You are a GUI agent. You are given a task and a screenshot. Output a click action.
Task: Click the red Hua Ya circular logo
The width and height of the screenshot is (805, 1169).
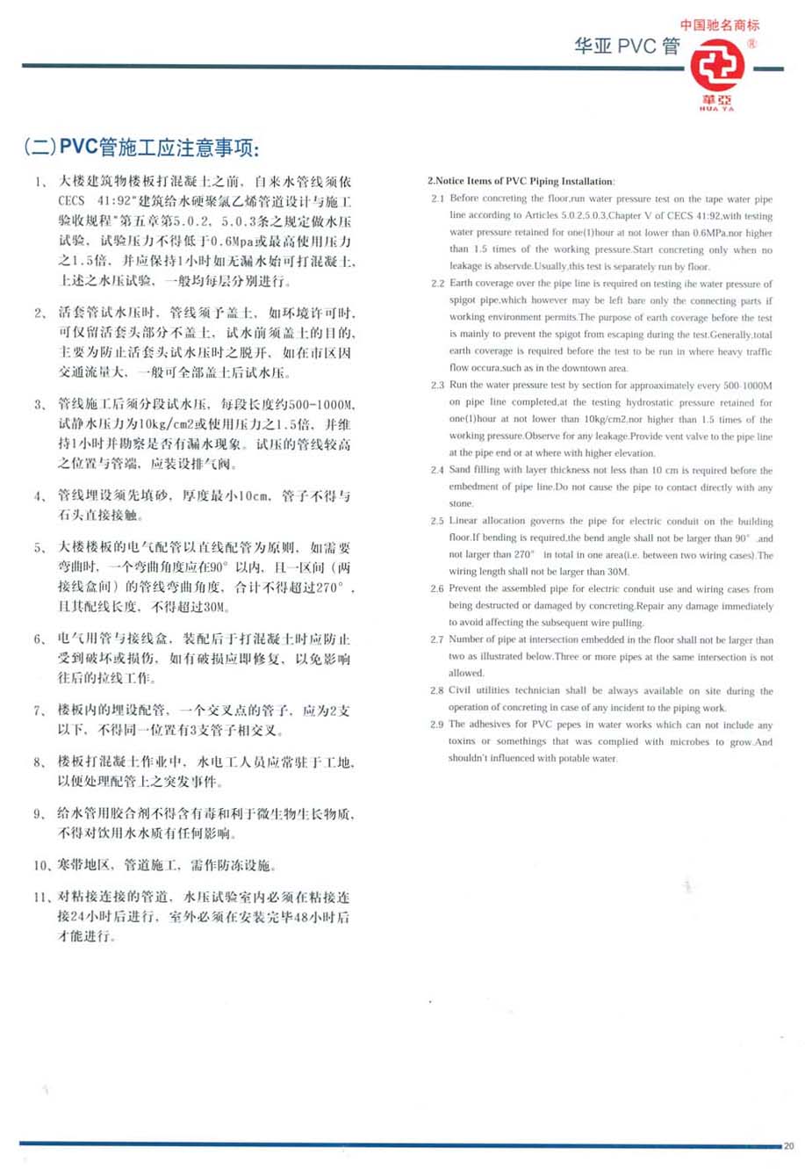[717, 67]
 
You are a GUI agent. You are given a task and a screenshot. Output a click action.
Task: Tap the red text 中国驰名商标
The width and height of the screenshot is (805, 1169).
[719, 25]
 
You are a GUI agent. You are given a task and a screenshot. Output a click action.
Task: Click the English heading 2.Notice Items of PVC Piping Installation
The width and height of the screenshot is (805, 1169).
[521, 181]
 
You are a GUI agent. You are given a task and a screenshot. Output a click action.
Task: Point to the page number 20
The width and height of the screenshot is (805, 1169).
[788, 1145]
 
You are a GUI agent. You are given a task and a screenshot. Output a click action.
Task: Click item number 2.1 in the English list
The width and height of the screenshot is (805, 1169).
[437, 198]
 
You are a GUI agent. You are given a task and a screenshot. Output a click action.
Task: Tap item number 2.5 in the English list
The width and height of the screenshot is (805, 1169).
[437, 521]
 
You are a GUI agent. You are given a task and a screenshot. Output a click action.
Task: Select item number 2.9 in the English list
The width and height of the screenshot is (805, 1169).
[437, 725]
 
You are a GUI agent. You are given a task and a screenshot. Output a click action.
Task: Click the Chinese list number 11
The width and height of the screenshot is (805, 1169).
[41, 897]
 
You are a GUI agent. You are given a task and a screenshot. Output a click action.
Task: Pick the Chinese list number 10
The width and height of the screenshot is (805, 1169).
[41, 865]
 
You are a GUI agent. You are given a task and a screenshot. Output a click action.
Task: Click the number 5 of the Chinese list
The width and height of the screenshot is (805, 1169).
[40, 547]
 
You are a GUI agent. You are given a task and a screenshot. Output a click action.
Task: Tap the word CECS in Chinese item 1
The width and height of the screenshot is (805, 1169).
[72, 201]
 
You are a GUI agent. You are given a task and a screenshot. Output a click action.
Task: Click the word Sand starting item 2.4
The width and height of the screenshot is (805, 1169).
[460, 470]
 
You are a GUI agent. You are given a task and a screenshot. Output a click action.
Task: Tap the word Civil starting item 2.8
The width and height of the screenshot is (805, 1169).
[460, 690]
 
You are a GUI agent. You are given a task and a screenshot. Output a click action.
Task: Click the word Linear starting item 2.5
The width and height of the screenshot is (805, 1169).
[464, 521]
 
